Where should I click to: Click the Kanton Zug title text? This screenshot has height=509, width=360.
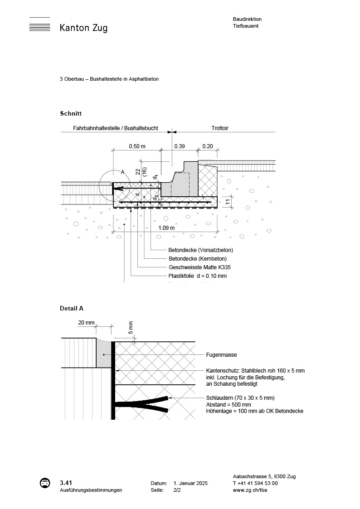pos(83,28)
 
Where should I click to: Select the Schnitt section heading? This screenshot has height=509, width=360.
pos(71,113)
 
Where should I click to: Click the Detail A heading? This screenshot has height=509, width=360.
pos(72,309)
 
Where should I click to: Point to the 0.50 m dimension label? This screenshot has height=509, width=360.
pos(137,146)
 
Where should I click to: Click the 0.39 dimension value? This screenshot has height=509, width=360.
pos(180,146)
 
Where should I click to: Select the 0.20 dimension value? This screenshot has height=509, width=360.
pos(208,146)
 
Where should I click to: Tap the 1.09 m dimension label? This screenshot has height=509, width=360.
pos(166,228)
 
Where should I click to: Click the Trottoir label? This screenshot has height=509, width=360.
pos(220,128)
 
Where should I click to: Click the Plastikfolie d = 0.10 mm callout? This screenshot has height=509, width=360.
pos(197,276)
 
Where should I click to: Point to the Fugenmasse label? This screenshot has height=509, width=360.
pos(221,355)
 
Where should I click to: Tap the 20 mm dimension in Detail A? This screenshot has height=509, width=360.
pos(86,323)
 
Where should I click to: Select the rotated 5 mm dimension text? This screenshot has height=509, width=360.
pos(131,328)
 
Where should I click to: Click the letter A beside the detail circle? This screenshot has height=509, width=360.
pos(122,172)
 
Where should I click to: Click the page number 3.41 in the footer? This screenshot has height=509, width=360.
pos(66,483)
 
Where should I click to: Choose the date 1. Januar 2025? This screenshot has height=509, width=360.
pos(190,484)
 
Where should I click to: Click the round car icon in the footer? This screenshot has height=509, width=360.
pos(45,483)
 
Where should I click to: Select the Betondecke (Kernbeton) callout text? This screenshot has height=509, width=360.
pos(197,259)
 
